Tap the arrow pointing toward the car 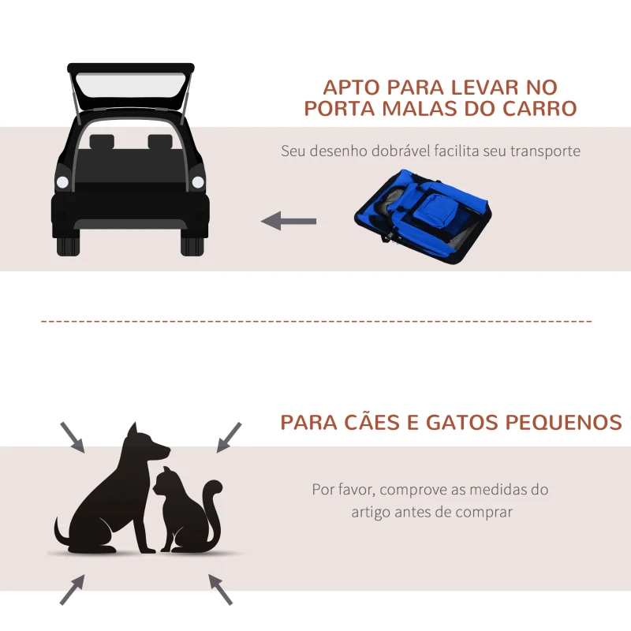coord(289,221)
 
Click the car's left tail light coord(63,182)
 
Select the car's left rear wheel coord(68,242)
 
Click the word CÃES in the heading coord(377,422)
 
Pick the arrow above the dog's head coord(73,437)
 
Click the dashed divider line coord(315,322)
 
